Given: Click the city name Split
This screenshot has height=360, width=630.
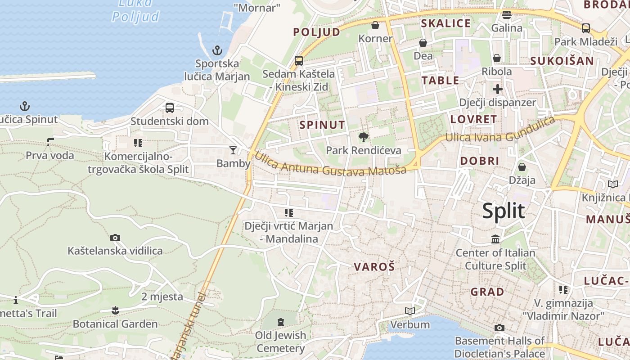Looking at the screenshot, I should tap(504, 211).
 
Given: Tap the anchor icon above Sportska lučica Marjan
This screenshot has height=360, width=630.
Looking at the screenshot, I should tap(217, 50).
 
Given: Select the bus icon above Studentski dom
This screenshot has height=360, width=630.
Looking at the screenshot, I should tap(170, 108).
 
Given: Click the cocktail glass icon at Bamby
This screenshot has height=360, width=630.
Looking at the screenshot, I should tap(233, 150).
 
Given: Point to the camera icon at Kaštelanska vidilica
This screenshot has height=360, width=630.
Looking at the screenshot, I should tap(115, 238).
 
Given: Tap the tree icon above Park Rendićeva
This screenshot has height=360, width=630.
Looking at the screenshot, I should tap(363, 137).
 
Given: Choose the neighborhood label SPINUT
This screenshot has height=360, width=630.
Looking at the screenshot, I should tap(322, 125).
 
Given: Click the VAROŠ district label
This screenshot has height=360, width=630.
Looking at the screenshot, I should tap(374, 267).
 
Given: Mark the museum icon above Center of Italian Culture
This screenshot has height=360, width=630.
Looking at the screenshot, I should tap(495, 239).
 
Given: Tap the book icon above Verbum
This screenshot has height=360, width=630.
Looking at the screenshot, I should tap(409, 311).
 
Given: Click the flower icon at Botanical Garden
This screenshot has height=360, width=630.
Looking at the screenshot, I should tap(115, 310).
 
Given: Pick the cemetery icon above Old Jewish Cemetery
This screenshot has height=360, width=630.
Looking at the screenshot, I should tap(281, 322).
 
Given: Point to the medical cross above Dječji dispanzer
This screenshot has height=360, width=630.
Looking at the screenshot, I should tap(497, 89).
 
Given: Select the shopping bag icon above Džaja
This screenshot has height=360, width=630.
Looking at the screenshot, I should tap(522, 167).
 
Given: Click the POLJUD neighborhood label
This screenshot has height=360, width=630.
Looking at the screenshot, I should tap(317, 32).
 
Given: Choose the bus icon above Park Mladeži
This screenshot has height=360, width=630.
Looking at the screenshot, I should tap(586, 28).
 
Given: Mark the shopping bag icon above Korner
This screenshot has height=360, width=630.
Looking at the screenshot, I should tap(375, 25).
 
